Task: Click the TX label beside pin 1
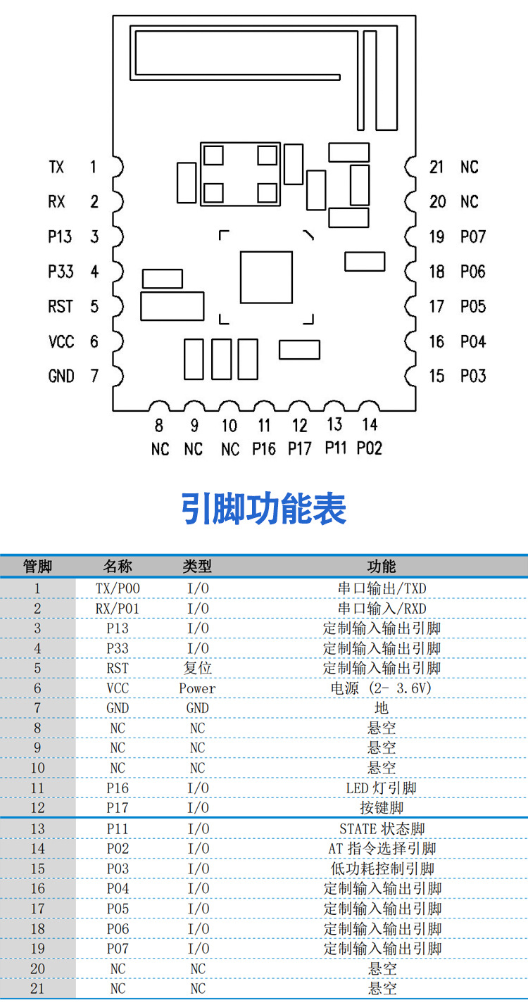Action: (56, 167)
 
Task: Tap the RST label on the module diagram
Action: (61, 306)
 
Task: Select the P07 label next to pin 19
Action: (473, 236)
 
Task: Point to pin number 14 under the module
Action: (370, 424)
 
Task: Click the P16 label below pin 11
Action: (264, 448)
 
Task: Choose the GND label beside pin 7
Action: (61, 376)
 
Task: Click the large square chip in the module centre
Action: (265, 277)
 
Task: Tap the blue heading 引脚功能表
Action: (264, 508)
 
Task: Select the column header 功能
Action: (382, 567)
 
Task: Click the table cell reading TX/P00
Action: (118, 588)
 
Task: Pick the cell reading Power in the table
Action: (197, 688)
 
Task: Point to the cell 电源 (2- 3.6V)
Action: (382, 688)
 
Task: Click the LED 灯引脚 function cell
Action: (382, 788)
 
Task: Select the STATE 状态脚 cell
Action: (382, 829)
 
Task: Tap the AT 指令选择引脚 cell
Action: (382, 849)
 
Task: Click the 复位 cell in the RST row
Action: (197, 668)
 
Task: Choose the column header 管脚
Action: (37, 567)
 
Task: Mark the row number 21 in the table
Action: (37, 989)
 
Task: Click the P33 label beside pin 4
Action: (61, 271)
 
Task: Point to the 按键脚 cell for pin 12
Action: (382, 808)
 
